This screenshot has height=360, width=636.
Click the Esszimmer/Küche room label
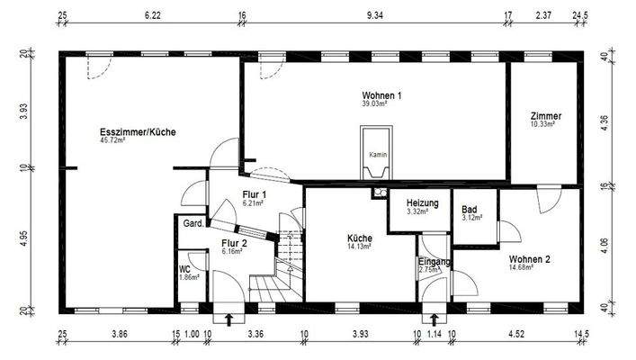pos(138,132)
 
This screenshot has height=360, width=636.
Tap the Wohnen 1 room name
pos(381,95)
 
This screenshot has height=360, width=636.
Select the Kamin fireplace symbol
pos(377,154)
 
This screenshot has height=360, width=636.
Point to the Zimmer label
pos(546,116)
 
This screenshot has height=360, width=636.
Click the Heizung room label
pos(422,203)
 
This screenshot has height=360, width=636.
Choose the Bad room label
pos(470,209)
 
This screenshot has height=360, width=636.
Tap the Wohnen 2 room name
pos(529,259)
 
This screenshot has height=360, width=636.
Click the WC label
pos(184,268)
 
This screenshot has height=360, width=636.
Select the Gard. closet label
pos(192,223)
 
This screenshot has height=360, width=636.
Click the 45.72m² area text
pos(112,141)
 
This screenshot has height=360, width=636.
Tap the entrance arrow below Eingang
pos(435,318)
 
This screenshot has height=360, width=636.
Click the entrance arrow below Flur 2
pos(228,318)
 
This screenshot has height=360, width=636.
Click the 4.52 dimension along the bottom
pos(516,335)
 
